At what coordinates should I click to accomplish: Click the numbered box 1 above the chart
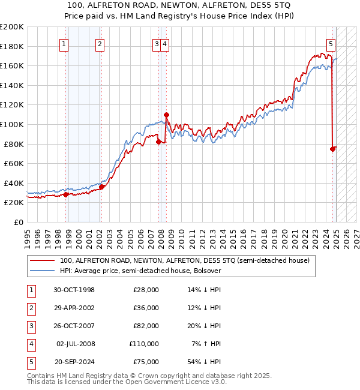coord(64,43)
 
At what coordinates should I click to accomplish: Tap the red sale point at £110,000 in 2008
coord(166,115)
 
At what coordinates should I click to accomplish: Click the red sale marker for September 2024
coord(332,149)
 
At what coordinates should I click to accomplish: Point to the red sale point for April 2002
coord(101,187)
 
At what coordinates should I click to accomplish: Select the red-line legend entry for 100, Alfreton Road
coord(184,260)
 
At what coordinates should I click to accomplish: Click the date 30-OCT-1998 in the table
coord(74,290)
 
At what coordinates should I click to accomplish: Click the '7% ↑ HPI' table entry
coord(206,344)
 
